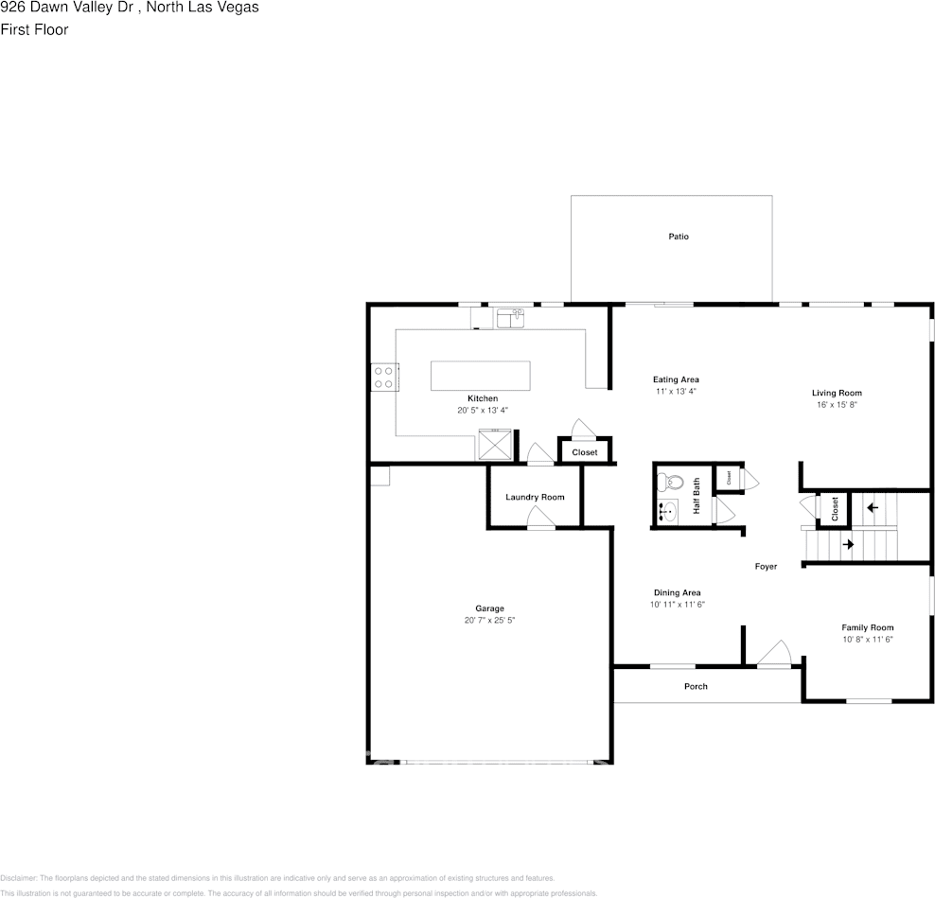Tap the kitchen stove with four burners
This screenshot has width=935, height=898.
383,378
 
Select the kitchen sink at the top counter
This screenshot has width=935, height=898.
510,318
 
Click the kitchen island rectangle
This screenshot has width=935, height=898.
480,376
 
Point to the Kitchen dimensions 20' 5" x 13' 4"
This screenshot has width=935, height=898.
483,411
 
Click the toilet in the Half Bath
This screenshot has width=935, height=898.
668,481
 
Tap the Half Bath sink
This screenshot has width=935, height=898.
668,512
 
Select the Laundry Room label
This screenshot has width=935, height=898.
535,497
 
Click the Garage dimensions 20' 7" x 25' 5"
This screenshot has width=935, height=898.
489,621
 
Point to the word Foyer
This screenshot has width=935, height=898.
766,567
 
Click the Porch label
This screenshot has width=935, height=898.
696,686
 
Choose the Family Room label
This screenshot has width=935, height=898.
868,627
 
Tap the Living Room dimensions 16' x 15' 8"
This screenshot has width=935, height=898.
837,405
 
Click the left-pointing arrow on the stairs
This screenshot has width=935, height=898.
872,508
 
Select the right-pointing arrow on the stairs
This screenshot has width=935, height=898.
848,544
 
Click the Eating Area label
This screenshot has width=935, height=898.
676,379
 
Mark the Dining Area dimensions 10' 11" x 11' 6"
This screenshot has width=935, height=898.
677,605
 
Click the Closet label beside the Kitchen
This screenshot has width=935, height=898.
585,452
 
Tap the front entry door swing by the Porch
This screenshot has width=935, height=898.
776,654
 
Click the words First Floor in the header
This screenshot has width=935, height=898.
34,29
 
